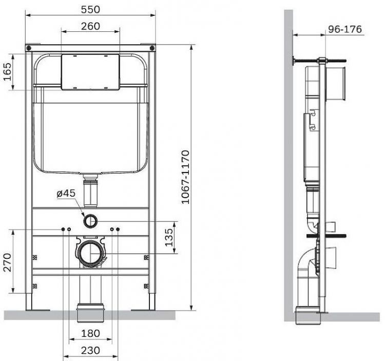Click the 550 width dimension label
pyautogui.click(x=90, y=9)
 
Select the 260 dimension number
pyautogui.click(x=90, y=26)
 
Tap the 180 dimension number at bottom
pyautogui.click(x=90, y=333)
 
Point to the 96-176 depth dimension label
pyautogui.click(x=345, y=29)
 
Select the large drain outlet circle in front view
pyautogui.click(x=91, y=253)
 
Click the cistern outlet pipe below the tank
pyautogui.click(x=90, y=190)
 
